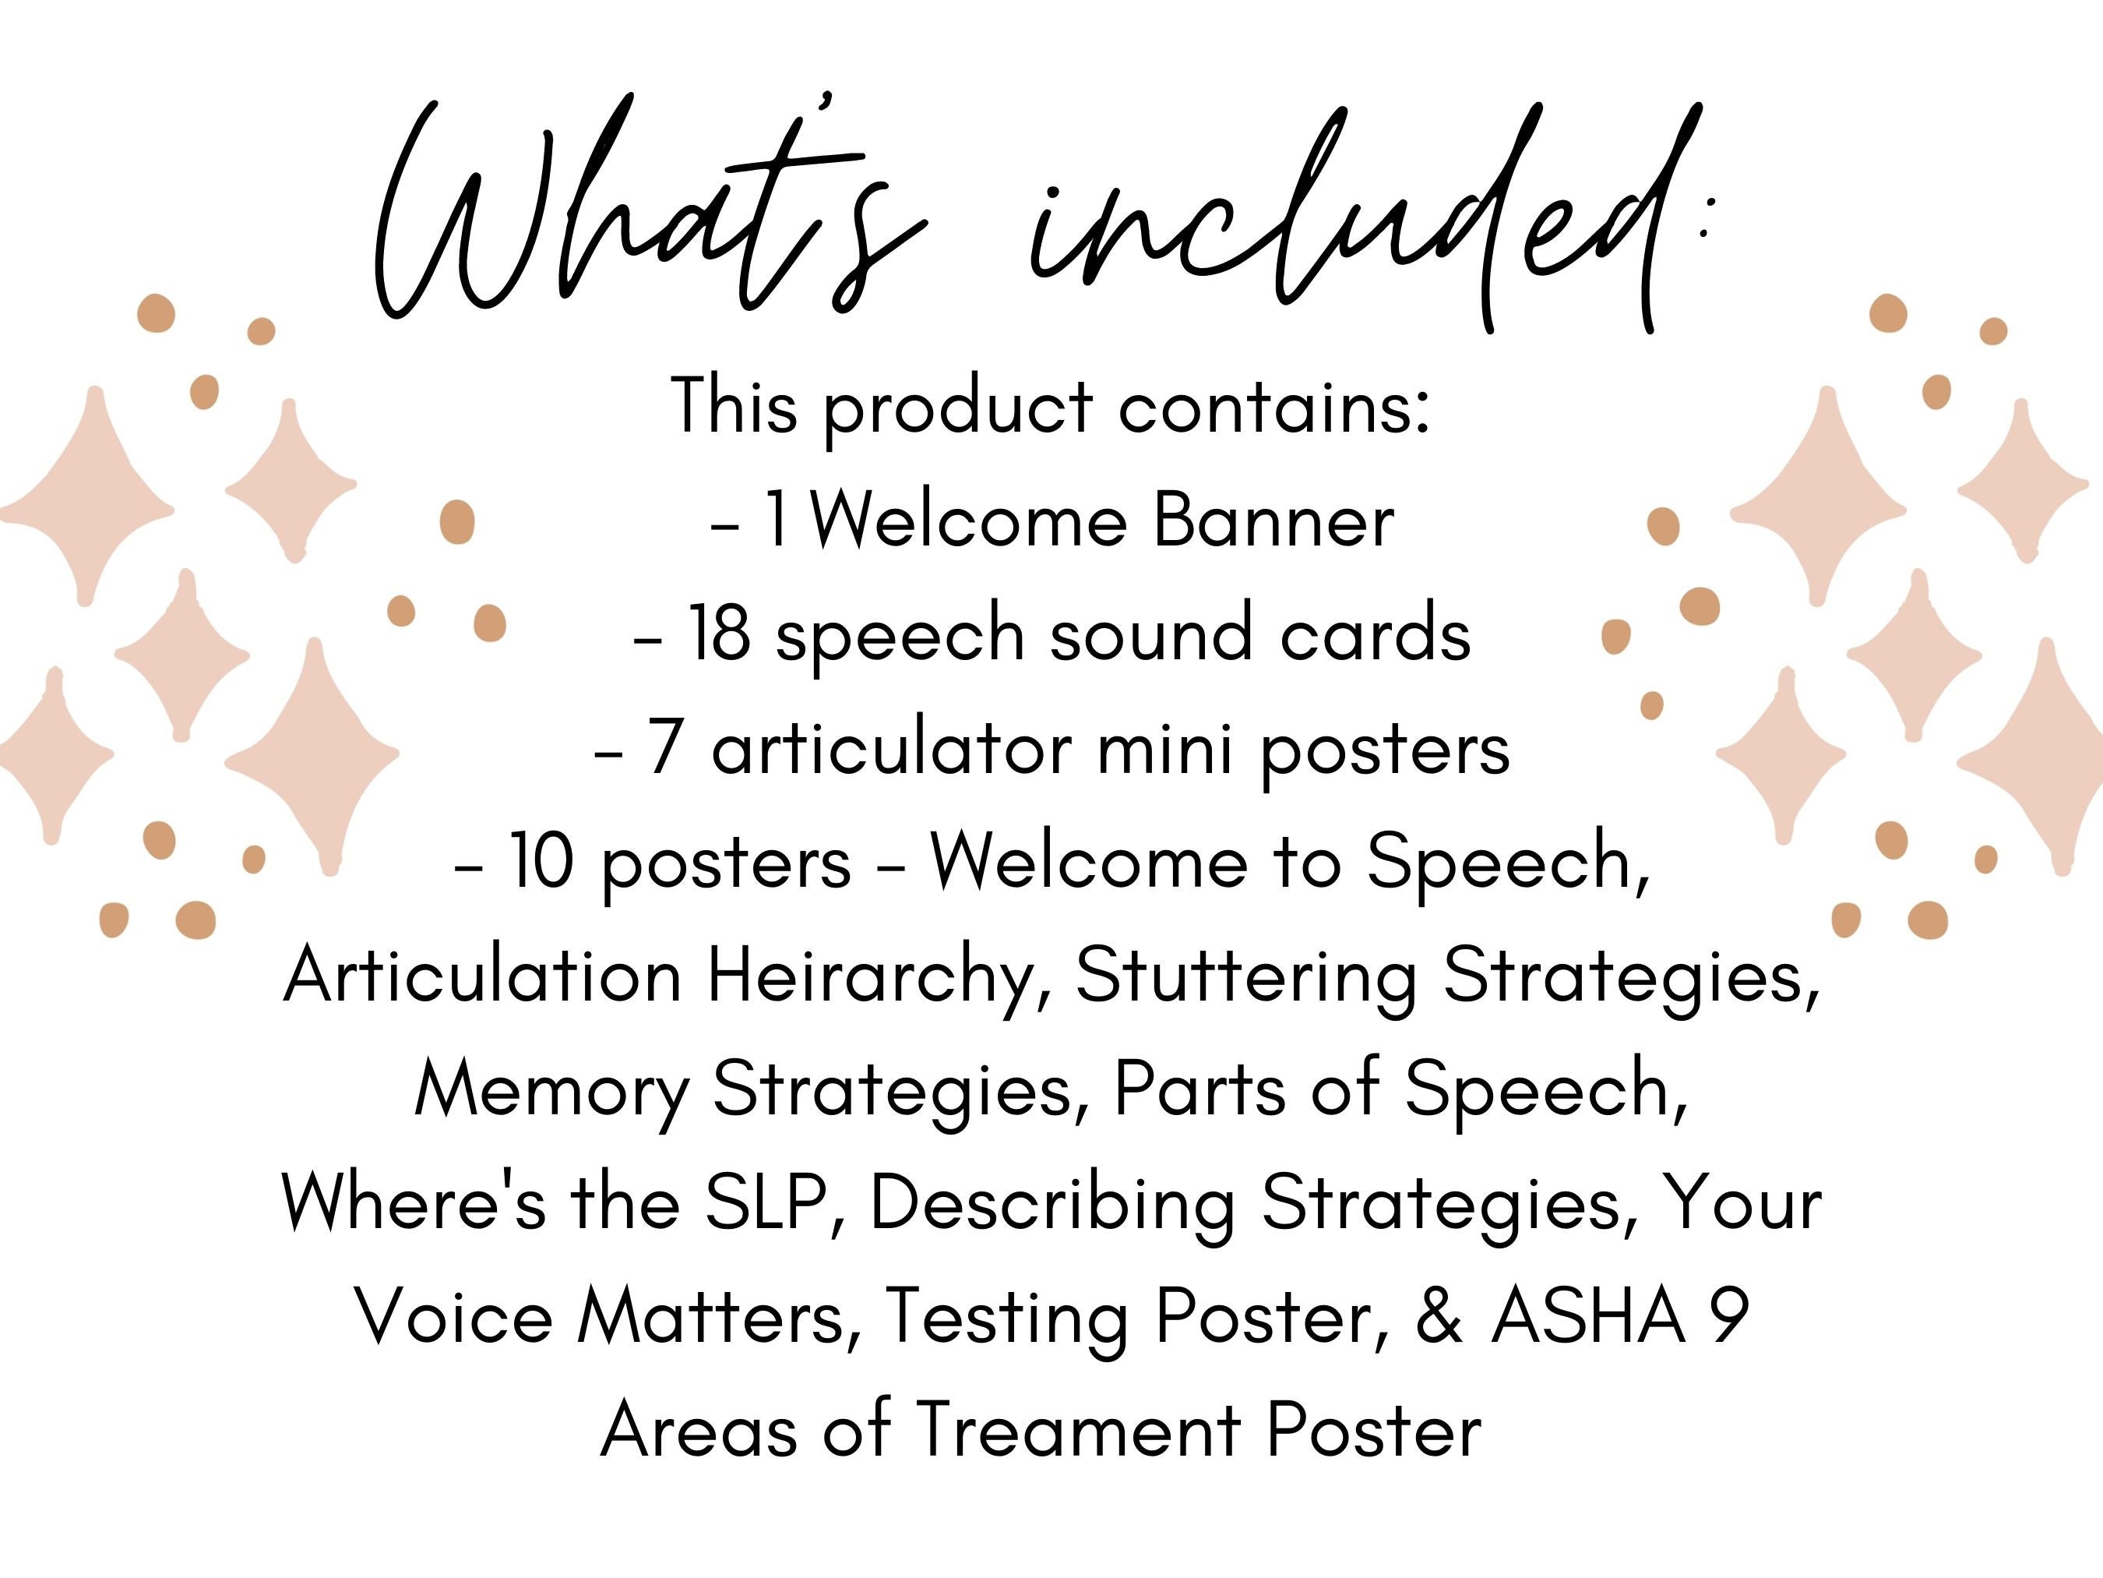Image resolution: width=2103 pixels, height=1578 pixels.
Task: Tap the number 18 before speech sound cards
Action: click(x=718, y=634)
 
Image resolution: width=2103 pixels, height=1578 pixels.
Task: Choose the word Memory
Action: click(x=551, y=1090)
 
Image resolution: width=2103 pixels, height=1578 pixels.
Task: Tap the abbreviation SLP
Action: click(x=766, y=1203)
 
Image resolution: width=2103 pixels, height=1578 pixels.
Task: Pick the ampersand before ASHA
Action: click(x=1439, y=1318)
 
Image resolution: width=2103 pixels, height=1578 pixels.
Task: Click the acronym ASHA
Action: click(x=1587, y=1318)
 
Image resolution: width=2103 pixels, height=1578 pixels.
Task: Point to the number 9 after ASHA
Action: click(x=1729, y=1318)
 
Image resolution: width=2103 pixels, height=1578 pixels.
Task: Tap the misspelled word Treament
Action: click(x=1079, y=1431)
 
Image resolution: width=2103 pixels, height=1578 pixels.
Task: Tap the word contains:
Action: click(x=1274, y=407)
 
